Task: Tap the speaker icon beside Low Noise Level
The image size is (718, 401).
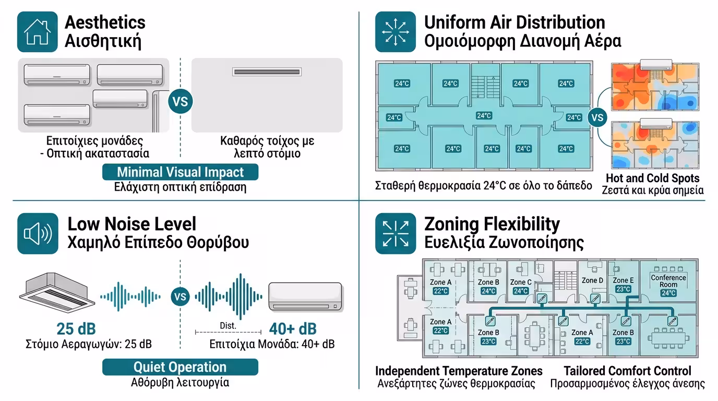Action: [38, 233]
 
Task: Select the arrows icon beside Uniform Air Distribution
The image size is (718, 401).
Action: [395, 32]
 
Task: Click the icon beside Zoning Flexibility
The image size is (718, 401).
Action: [395, 233]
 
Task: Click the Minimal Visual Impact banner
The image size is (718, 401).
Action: [180, 172]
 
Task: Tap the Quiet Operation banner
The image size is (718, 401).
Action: [180, 367]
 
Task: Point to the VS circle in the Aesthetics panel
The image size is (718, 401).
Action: [180, 101]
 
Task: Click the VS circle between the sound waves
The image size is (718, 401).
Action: [180, 298]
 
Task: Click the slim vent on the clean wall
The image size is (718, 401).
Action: [267, 72]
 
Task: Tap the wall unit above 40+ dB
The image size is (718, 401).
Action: [305, 297]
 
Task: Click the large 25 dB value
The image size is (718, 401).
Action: [76, 329]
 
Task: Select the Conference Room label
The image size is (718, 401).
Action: [668, 281]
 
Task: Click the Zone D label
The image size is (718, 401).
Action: [592, 280]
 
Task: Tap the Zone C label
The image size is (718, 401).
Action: [521, 282]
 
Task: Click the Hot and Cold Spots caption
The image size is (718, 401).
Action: [652, 178]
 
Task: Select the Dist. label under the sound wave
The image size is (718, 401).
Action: [228, 326]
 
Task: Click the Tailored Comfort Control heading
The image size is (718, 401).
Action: [627, 371]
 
